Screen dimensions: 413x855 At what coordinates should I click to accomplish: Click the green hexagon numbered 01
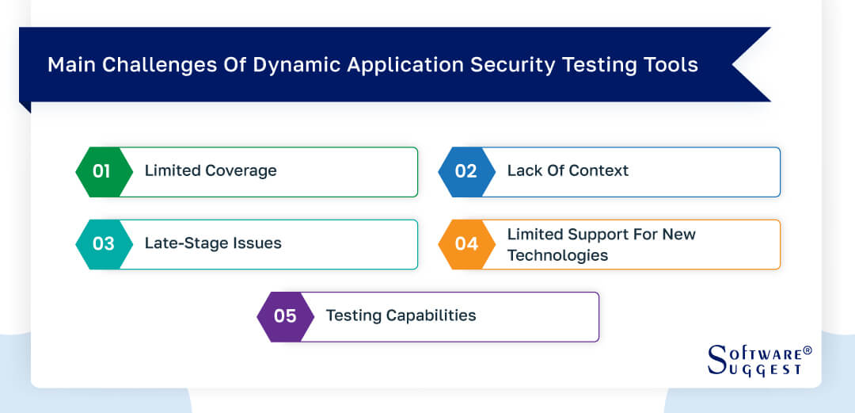coord(102,171)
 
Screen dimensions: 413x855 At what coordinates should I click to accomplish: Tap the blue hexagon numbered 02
coord(465,171)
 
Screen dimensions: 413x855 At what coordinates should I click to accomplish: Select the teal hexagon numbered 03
coord(102,244)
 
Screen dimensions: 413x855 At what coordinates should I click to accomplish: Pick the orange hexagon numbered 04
coord(465,244)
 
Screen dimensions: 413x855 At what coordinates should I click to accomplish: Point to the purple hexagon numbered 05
coord(284,316)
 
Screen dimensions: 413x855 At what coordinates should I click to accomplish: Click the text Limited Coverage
coord(211,170)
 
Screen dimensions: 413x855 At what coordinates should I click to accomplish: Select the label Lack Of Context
coord(568,170)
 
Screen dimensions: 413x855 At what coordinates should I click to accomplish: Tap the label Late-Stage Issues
coord(213,243)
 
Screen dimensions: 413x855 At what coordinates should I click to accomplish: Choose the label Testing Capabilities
coord(401,315)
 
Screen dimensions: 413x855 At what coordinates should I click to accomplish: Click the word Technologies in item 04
coord(557,255)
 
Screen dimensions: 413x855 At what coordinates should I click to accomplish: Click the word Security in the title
coord(509,65)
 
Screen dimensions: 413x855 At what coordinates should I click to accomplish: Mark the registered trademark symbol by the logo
coord(807,350)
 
